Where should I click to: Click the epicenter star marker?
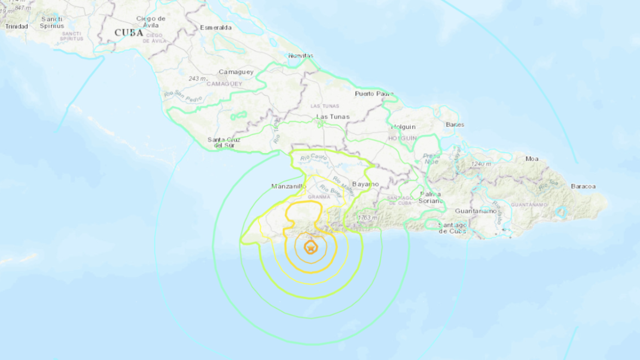[x=310, y=248]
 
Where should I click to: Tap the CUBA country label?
[x=129, y=33]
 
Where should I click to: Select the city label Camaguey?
[x=236, y=72]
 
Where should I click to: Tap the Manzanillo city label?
[x=289, y=186]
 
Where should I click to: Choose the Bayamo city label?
[x=365, y=184]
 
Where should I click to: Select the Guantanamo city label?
[x=476, y=210]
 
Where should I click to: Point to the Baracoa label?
[x=583, y=186]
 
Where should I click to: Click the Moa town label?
[x=532, y=159]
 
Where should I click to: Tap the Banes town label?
[x=455, y=125]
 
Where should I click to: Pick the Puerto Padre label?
[x=374, y=94]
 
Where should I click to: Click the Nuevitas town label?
[x=301, y=56]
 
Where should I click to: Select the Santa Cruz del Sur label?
[x=224, y=143]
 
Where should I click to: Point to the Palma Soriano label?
[x=430, y=197]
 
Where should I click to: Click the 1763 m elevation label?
[x=367, y=218]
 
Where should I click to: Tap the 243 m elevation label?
[x=198, y=79]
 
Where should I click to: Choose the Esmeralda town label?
[x=216, y=27]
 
